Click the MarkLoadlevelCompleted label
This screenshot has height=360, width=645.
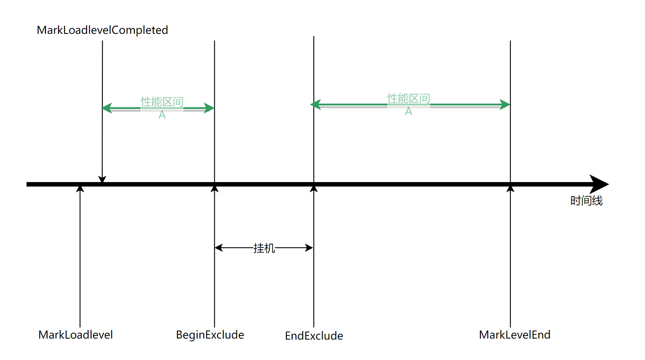pos(102,30)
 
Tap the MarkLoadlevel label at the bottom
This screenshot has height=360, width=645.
pos(76,334)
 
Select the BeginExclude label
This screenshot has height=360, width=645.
pos(210,334)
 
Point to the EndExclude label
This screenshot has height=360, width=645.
pos(314,335)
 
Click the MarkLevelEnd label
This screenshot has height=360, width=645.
pos(514,334)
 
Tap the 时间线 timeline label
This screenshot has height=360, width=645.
pos(586,200)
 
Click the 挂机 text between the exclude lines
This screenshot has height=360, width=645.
pos(264,248)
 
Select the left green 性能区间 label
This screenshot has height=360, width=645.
pos(162,102)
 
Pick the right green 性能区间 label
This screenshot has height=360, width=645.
pos(408,98)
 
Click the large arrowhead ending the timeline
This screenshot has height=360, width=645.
pos(599,184)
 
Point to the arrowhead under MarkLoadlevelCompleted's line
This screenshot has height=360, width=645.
pos(102,179)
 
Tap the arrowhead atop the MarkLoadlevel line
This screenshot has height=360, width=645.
pos(80,189)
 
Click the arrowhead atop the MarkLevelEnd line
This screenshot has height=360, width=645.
pos(510,189)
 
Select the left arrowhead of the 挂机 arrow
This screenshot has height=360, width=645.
pos(219,248)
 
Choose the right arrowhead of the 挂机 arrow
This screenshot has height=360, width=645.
pos(309,248)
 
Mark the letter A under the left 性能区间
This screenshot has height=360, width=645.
pos(162,115)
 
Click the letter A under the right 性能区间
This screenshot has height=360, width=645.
pos(408,111)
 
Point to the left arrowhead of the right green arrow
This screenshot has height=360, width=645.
pos(316,104)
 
